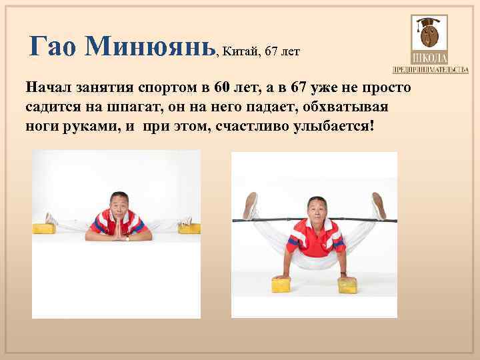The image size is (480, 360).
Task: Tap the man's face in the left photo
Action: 119,206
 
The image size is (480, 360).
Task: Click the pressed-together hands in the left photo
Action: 119,231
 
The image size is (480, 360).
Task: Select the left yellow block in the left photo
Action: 45,229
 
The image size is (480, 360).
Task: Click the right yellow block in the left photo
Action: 189,228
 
